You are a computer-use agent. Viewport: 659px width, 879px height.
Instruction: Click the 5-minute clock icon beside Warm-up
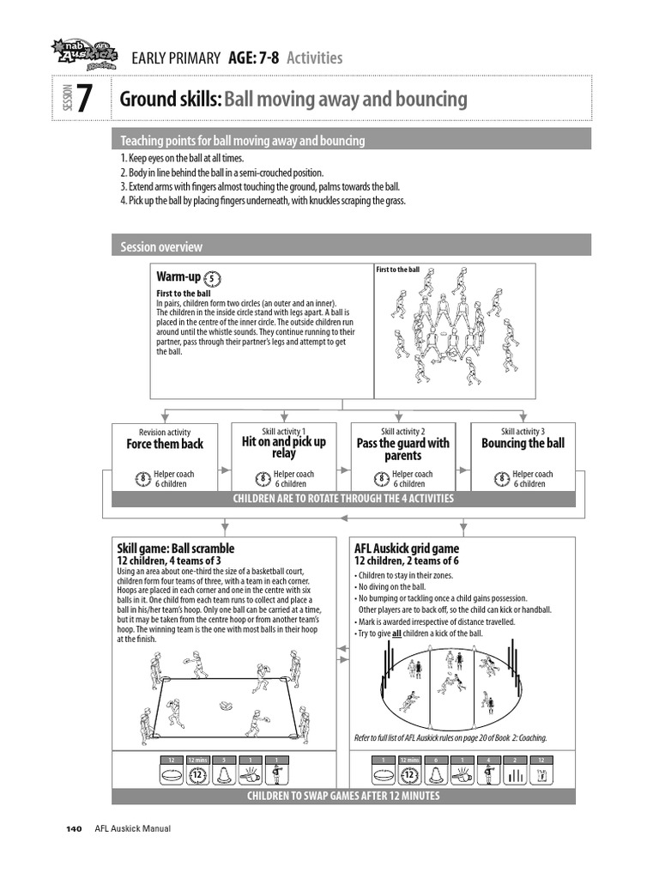214,278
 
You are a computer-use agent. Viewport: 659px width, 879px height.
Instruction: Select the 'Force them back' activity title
165,444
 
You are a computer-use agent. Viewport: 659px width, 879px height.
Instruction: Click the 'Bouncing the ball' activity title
523,444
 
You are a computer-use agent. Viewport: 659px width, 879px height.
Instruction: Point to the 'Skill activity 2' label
402,432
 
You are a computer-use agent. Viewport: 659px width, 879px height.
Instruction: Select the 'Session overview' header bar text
161,247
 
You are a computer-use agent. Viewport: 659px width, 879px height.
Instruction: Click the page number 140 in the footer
74,828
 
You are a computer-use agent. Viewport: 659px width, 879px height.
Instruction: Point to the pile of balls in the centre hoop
226,706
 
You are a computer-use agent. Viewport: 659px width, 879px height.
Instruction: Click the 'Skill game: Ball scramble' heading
175,549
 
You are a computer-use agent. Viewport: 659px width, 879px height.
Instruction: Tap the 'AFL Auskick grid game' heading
407,549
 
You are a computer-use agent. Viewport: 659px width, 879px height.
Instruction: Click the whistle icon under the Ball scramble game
251,774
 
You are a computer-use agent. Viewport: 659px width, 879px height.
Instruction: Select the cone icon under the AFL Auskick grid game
436,774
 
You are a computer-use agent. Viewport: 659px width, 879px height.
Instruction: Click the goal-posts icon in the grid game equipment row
515,774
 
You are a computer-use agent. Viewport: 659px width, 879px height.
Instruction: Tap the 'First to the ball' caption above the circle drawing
398,270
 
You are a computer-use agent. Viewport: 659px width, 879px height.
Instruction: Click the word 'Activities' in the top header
314,58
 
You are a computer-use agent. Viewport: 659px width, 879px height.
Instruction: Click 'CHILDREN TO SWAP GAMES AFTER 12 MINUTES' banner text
343,796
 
